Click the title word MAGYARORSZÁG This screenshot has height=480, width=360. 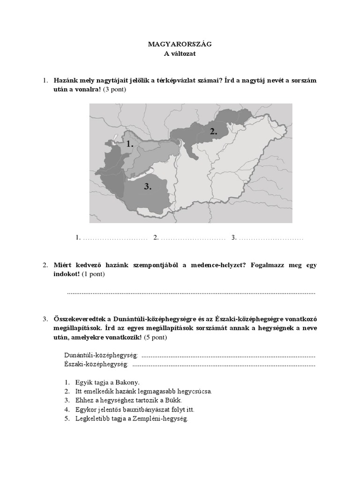tap(180, 44)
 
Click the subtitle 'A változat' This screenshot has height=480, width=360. tap(180, 54)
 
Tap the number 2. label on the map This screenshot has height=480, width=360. tap(214, 132)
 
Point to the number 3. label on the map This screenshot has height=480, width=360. tap(148, 187)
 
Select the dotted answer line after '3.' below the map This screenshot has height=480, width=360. tap(270, 238)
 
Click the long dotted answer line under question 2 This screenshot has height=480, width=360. tap(191, 293)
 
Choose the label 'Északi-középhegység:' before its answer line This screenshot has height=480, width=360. tap(96, 364)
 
